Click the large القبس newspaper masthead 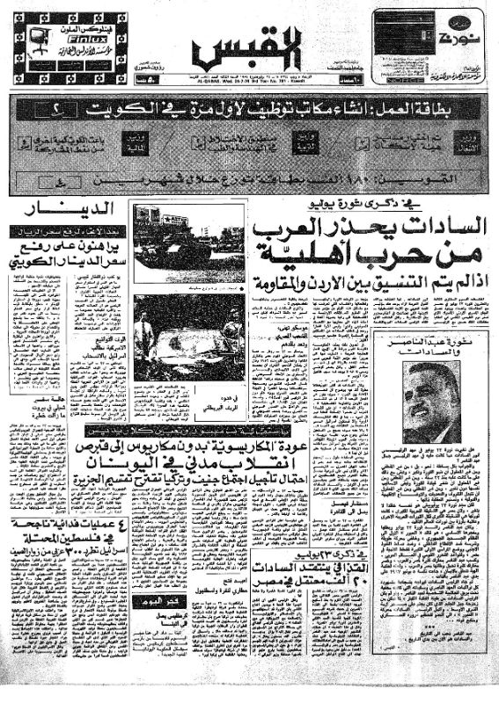point(249,47)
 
